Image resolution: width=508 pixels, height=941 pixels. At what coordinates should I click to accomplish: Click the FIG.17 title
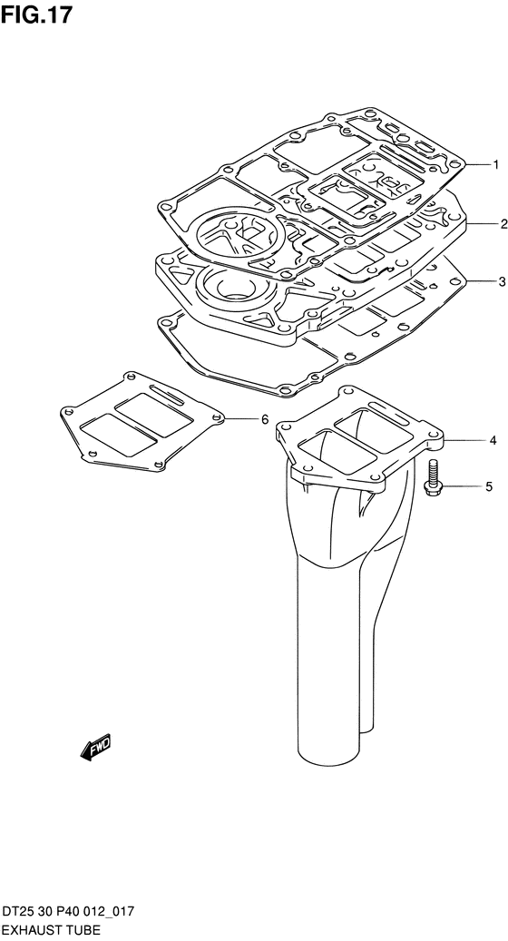click(x=36, y=15)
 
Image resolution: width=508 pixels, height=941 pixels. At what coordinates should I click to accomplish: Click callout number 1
click(x=495, y=164)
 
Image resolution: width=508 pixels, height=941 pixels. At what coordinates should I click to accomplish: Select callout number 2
click(x=503, y=224)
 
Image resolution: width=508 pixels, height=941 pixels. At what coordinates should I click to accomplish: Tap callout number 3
click(x=502, y=281)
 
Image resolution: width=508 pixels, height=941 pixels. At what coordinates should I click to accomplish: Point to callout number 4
click(x=493, y=440)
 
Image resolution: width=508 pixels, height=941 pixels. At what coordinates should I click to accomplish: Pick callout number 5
click(x=489, y=486)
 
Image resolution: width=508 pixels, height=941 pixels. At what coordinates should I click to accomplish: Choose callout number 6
click(x=265, y=419)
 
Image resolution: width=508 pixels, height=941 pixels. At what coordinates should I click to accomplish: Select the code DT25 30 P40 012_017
click(x=68, y=913)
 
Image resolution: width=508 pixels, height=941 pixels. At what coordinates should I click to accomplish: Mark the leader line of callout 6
click(x=239, y=418)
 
